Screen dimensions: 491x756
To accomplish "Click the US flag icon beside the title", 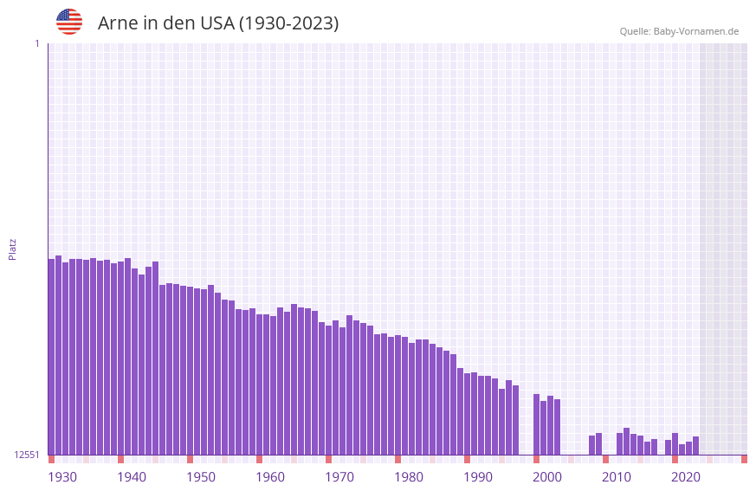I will pyautogui.click(x=69, y=22).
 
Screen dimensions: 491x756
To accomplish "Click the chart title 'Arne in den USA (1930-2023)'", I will pyautogui.click(x=218, y=23).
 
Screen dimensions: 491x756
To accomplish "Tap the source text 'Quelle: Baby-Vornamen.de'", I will pyautogui.click(x=679, y=31).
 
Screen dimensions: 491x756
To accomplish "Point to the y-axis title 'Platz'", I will pyautogui.click(x=12, y=249).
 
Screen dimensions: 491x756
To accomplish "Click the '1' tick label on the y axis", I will pyautogui.click(x=37, y=43).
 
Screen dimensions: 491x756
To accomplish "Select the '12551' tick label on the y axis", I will pyautogui.click(x=27, y=455).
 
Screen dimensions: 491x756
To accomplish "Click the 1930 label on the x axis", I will pyautogui.click(x=62, y=477).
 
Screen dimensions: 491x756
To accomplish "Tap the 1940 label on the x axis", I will pyautogui.click(x=132, y=477).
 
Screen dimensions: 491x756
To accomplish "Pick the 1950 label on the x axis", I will pyautogui.click(x=201, y=477).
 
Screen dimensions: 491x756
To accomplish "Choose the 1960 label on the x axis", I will pyautogui.click(x=270, y=477).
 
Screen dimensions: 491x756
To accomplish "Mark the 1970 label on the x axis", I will pyautogui.click(x=339, y=477).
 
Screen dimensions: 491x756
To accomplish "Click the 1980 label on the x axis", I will pyautogui.click(x=409, y=477).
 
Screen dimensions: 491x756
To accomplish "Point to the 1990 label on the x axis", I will pyautogui.click(x=478, y=477).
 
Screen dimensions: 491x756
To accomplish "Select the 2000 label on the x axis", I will pyautogui.click(x=547, y=477).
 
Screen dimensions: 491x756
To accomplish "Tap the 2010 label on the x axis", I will pyautogui.click(x=617, y=477).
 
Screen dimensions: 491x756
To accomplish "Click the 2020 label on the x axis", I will pyautogui.click(x=686, y=477).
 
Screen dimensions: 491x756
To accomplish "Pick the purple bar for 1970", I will pyautogui.click(x=329, y=390).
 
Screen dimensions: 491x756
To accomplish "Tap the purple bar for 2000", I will pyautogui.click(x=537, y=424).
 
